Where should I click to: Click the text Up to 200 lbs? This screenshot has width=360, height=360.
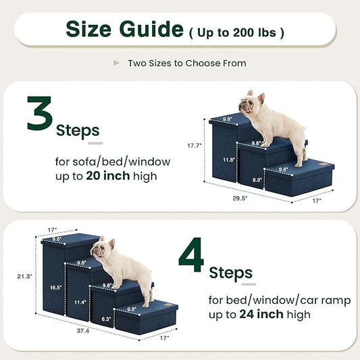236,32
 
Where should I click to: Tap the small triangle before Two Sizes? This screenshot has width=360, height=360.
116,63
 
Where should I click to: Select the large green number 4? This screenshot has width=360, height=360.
190,255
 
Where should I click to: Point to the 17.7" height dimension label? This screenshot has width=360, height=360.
195,145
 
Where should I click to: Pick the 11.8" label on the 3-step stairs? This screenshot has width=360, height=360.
229,160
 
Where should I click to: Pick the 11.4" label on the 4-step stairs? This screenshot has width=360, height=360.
79,303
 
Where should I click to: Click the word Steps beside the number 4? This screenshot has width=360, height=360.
230,272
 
